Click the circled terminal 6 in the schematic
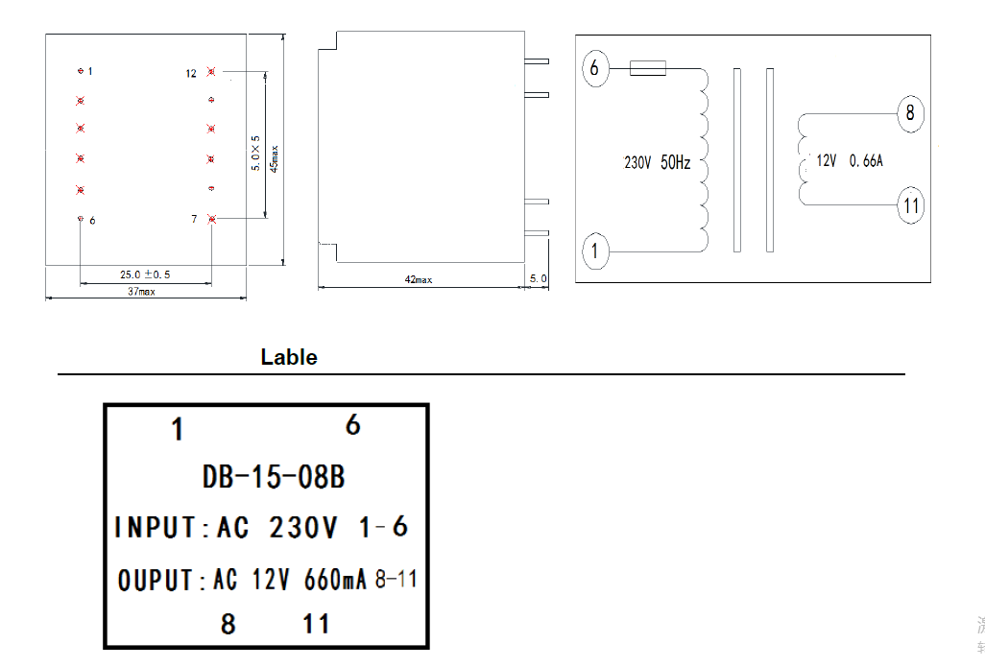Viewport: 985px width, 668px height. coord(595,68)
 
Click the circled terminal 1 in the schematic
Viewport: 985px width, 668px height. coord(595,251)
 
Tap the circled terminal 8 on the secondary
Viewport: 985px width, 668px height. coord(909,113)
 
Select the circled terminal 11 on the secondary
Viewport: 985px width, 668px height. coord(910,204)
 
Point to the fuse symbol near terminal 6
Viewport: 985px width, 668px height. coord(648,68)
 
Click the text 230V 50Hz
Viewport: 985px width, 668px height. coord(657,163)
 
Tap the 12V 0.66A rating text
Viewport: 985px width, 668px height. coord(849,161)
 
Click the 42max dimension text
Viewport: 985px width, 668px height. coord(419,279)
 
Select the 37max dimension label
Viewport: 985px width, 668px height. coord(140,292)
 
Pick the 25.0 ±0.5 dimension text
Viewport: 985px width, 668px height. coord(145,274)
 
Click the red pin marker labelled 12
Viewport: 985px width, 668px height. coord(211,72)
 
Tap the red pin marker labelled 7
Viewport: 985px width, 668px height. coord(212,220)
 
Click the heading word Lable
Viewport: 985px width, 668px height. coord(288,357)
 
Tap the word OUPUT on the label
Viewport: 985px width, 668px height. coord(156,580)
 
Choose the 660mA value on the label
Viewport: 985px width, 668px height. coord(335,580)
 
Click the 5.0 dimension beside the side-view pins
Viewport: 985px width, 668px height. coord(538,279)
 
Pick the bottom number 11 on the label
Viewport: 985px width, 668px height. coord(316,625)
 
